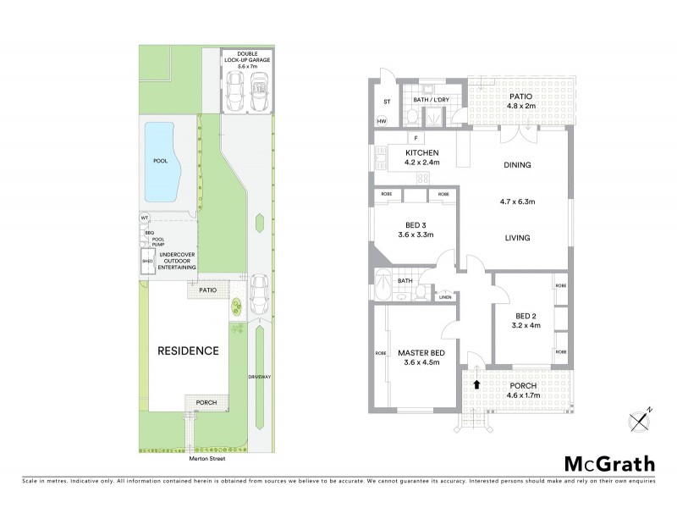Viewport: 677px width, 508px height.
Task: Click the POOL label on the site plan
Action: [x=160, y=160]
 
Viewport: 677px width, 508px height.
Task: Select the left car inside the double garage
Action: [x=235, y=87]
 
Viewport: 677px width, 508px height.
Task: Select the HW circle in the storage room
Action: [x=383, y=122]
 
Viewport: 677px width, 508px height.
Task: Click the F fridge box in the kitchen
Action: [x=416, y=137]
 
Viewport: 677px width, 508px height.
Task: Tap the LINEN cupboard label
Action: [x=445, y=296]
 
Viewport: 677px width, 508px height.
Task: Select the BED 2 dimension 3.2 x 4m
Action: [x=525, y=324]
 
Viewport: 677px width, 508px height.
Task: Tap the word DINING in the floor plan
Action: [x=516, y=165]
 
